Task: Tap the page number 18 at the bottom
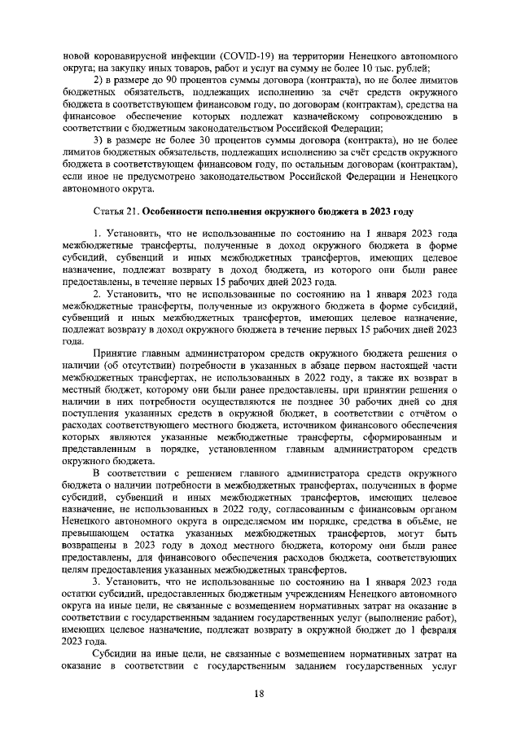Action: point(260,693)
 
